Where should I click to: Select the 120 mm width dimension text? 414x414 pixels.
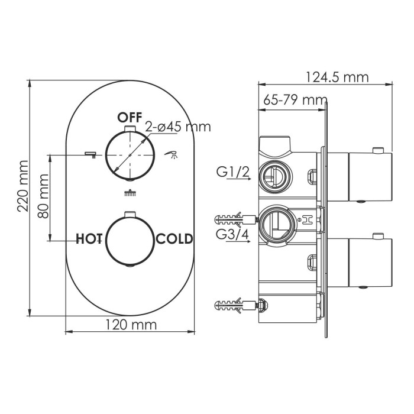point(131,324)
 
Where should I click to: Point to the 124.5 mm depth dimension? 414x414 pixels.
point(337,77)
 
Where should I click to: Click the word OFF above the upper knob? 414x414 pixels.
point(129,117)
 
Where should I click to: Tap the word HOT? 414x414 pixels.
point(90,239)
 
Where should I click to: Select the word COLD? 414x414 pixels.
point(174,239)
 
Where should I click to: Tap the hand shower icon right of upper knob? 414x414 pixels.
point(173,155)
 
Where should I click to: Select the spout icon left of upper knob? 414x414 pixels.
point(90,154)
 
